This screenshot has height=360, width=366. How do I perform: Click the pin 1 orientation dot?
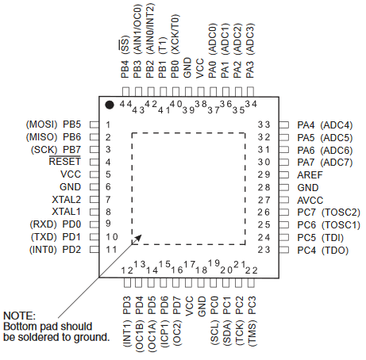tap(110, 105)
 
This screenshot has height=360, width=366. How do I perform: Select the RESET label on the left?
tap(65, 162)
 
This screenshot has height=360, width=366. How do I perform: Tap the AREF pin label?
tap(310, 174)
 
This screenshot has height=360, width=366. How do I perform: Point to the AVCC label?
tap(310, 200)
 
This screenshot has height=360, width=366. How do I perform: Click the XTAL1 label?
tap(66, 212)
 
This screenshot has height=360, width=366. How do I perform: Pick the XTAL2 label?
tap(66, 199)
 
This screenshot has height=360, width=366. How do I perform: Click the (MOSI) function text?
tap(41, 124)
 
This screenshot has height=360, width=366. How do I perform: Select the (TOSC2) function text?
tap(341, 213)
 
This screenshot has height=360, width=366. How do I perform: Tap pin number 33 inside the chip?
tap(264, 124)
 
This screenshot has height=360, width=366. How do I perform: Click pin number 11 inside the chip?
tap(111, 249)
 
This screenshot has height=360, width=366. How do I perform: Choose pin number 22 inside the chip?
tap(251, 270)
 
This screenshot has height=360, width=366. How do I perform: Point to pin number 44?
tap(125, 104)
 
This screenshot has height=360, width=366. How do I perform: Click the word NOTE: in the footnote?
tap(19, 316)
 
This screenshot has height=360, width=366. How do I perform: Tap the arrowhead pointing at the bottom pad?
tap(137, 239)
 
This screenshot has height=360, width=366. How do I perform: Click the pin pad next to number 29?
tap(283, 174)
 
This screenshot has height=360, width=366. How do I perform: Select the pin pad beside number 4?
tap(94, 162)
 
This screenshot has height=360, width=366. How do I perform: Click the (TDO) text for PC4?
tap(335, 251)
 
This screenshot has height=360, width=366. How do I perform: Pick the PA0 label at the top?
tap(213, 70)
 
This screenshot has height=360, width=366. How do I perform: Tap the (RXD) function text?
tap(43, 224)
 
